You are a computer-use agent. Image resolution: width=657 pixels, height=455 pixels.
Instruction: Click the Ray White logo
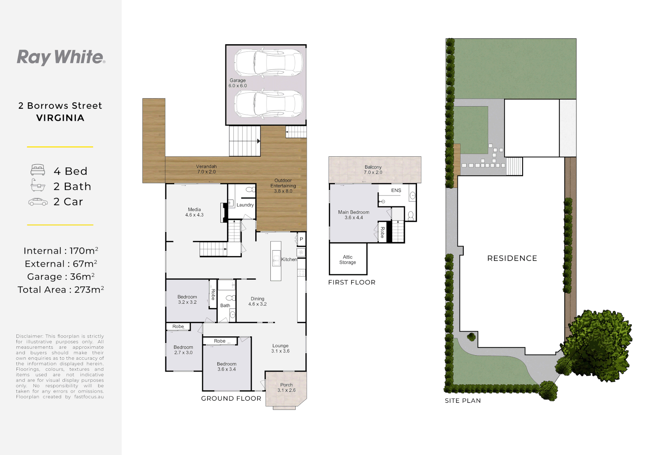click(61, 57)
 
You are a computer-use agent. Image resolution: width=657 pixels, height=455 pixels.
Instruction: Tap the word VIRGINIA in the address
click(60, 118)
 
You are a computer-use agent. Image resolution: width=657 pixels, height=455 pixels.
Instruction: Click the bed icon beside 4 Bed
click(38, 170)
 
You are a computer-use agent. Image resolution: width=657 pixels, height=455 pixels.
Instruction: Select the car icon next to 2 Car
click(38, 202)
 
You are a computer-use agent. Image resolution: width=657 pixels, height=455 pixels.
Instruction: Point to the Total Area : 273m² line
click(61, 290)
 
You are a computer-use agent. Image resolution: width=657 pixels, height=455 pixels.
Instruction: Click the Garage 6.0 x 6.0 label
click(238, 83)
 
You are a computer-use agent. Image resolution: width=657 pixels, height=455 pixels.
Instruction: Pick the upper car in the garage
click(268, 62)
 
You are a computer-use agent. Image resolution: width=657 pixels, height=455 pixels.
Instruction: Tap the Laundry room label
click(245, 205)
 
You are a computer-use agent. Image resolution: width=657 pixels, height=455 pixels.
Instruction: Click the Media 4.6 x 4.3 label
click(194, 212)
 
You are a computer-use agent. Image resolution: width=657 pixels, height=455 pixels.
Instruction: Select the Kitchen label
click(289, 260)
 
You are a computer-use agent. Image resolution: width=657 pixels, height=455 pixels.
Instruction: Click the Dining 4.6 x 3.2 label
click(257, 301)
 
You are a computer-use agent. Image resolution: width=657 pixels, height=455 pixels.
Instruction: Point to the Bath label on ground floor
click(225, 305)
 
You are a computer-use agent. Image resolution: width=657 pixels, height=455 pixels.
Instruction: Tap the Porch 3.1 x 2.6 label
click(286, 388)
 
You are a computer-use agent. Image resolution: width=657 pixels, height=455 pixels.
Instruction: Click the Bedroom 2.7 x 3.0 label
click(183, 350)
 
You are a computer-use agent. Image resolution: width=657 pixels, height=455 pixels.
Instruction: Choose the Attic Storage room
click(348, 260)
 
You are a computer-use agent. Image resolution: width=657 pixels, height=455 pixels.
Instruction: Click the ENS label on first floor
click(396, 190)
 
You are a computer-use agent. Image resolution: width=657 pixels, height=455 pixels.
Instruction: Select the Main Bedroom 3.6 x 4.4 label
click(354, 215)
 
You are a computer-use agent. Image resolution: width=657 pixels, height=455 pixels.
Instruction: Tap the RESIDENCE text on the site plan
click(512, 258)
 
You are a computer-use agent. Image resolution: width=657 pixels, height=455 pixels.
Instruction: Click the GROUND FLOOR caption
click(231, 399)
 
